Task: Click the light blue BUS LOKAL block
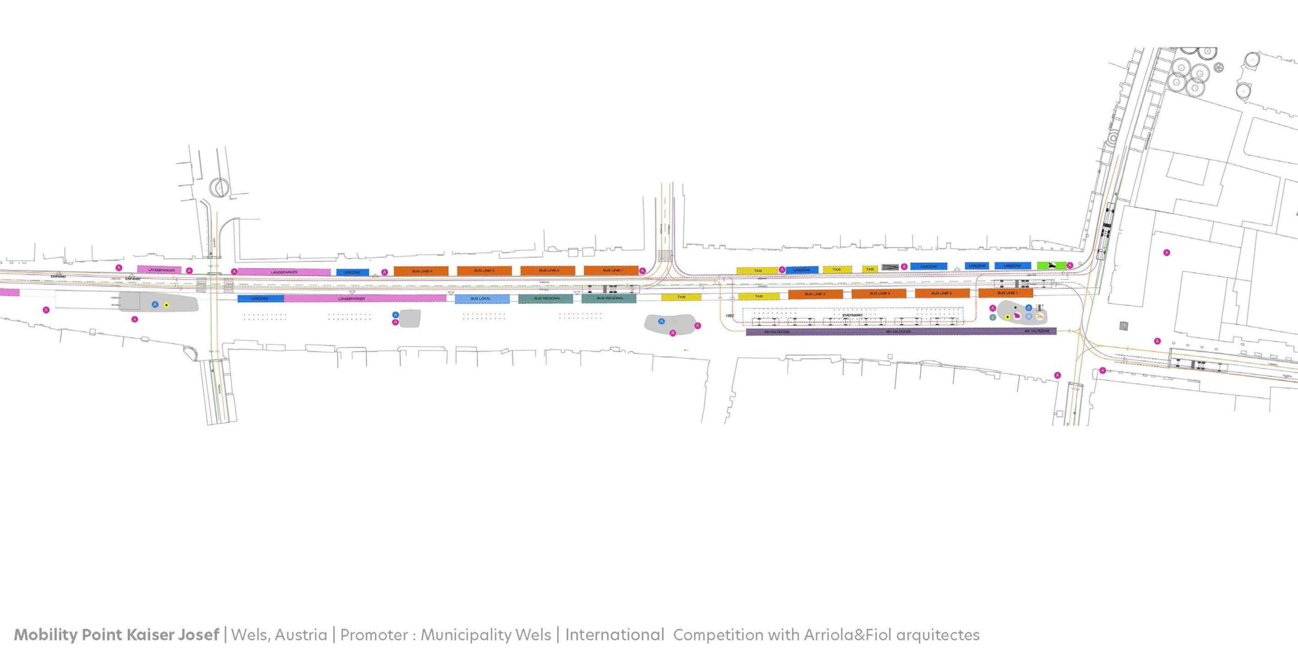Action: pyautogui.click(x=482, y=299)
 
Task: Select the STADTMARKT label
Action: pyautogui.click(x=852, y=315)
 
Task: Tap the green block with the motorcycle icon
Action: pyautogui.click(x=1052, y=265)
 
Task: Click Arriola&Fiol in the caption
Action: pyautogui.click(x=847, y=635)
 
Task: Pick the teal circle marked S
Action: pyautogui.click(x=993, y=317)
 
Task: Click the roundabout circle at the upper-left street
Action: pyautogui.click(x=220, y=187)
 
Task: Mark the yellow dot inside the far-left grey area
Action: pyautogui.click(x=166, y=305)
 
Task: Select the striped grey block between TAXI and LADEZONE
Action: pyautogui.click(x=890, y=267)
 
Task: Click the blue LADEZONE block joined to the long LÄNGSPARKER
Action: pyautogui.click(x=261, y=299)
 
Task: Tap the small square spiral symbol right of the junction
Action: pyautogui.click(x=1125, y=326)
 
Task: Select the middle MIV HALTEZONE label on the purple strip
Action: pyautogui.click(x=898, y=332)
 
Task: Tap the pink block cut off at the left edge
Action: pyautogui.click(x=9, y=292)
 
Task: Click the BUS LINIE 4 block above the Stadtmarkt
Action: pyautogui.click(x=815, y=294)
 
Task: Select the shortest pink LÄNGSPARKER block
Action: pyautogui.click(x=159, y=270)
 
